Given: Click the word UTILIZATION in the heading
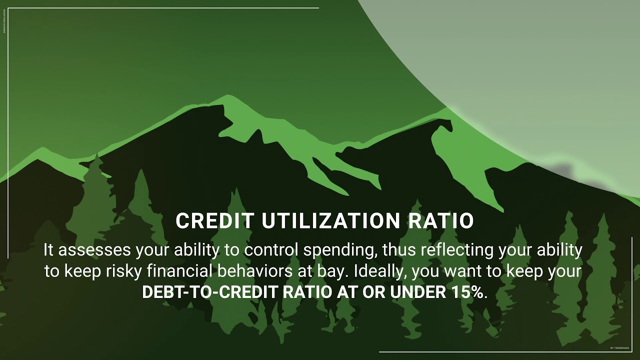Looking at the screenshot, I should tap(329, 221).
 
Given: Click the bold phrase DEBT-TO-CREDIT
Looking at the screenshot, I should tap(210, 292).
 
